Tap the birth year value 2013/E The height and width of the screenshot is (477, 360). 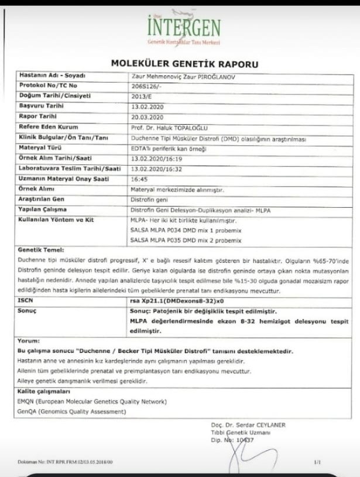[142, 96]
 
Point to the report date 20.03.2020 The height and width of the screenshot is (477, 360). [146, 117]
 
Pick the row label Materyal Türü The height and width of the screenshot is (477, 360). [40, 148]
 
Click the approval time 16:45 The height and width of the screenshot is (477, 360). [139, 180]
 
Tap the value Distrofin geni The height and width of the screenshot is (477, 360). [150, 200]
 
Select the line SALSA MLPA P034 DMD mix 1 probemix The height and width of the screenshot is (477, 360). [186, 231]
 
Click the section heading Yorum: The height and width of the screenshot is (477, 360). [28, 340]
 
